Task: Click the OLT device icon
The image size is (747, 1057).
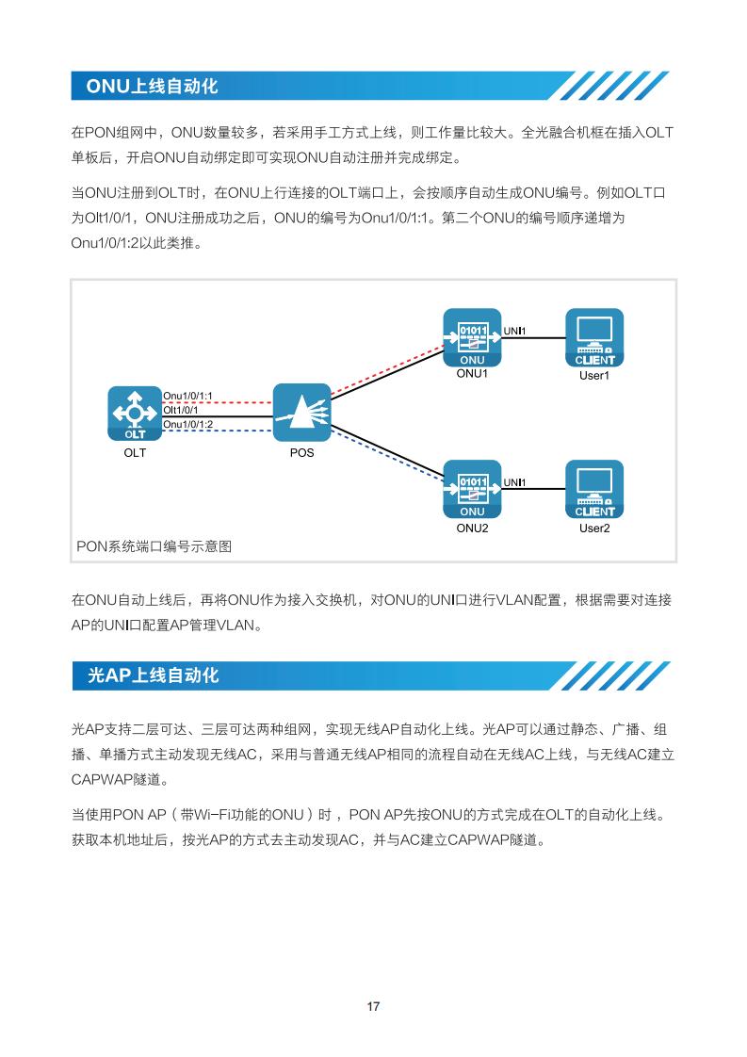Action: click(135, 414)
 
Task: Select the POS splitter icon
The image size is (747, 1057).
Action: click(301, 413)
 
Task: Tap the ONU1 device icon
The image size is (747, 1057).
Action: click(472, 337)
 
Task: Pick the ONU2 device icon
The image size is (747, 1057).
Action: click(472, 489)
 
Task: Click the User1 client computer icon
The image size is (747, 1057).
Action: click(594, 337)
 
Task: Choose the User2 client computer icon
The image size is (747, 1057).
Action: click(594, 489)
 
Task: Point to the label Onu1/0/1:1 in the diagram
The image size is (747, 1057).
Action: click(188, 396)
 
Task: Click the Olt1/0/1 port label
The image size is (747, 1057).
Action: click(181, 410)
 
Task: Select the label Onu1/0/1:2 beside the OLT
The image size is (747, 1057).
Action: click(188, 424)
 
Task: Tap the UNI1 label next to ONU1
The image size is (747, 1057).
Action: click(514, 331)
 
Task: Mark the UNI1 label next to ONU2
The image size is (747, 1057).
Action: click(514, 482)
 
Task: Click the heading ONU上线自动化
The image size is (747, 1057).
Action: click(153, 87)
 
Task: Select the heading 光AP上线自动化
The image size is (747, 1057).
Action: click(153, 675)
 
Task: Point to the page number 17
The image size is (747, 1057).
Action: click(373, 1006)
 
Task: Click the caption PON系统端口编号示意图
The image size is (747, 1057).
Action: click(154, 546)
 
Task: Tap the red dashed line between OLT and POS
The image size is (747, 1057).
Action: click(217, 402)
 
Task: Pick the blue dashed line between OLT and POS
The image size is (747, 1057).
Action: click(217, 431)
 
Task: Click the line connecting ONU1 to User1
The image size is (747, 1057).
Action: click(533, 337)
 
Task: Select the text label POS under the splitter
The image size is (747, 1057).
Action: click(302, 453)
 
